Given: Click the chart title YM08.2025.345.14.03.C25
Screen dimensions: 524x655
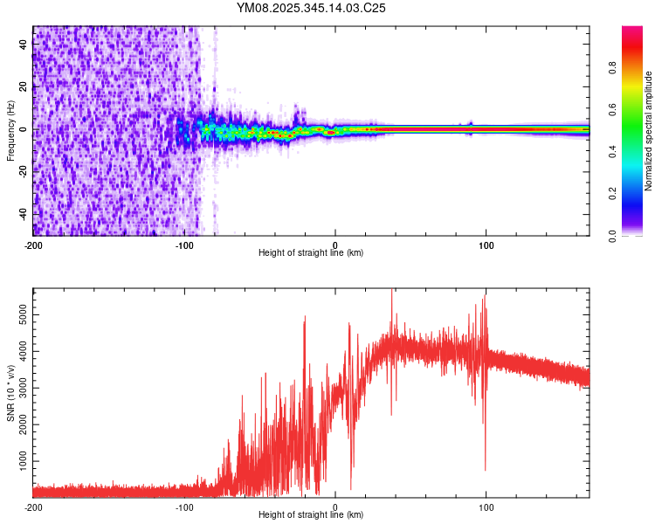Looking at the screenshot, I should pyautogui.click(x=312, y=8).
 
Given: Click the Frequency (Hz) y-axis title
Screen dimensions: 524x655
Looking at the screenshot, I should pyautogui.click(x=10, y=131).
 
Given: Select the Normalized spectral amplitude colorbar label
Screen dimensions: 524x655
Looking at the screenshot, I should pyautogui.click(x=648, y=131).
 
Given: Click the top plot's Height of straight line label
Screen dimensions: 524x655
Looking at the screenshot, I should pyautogui.click(x=311, y=253).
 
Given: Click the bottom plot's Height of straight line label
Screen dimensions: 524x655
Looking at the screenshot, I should pyautogui.click(x=311, y=515).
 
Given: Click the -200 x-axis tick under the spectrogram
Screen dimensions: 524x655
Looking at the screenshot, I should pyautogui.click(x=33, y=245).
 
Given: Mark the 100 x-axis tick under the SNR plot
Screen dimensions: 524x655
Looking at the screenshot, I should pyautogui.click(x=486, y=507).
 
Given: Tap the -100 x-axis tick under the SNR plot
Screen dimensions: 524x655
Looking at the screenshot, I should pyautogui.click(x=184, y=507).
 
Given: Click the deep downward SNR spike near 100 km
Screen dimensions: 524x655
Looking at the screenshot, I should pyautogui.click(x=486, y=467).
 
